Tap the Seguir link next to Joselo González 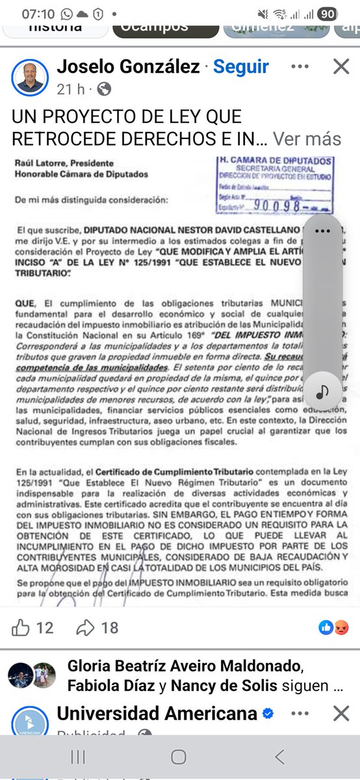[241, 66]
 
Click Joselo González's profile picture [30, 78]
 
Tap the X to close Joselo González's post [341, 66]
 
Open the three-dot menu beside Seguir [300, 66]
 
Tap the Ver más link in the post [307, 138]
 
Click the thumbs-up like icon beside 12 [21, 627]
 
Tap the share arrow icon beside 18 [86, 627]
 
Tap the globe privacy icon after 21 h [104, 89]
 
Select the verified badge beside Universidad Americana [268, 714]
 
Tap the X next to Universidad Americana [341, 714]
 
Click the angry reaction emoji [342, 627]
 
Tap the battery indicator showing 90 [328, 14]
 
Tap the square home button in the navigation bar [179, 757]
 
